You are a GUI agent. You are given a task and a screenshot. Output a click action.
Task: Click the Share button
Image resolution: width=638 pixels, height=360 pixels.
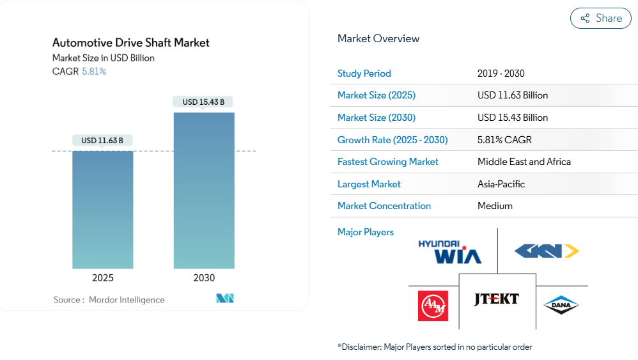click(600, 19)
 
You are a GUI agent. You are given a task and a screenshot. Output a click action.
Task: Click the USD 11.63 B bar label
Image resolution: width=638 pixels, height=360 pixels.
click(102, 140)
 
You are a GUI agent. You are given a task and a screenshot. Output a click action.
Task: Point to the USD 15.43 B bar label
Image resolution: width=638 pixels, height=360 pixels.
click(203, 102)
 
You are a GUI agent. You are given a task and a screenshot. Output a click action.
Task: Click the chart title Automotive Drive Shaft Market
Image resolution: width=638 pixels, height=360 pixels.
click(131, 43)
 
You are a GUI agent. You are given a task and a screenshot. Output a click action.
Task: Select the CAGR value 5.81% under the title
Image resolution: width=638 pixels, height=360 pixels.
click(94, 72)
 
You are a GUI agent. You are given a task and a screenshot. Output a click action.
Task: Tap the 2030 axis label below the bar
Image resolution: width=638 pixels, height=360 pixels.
click(204, 278)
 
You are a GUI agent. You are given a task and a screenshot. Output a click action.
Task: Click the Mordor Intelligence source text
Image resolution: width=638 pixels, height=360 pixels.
click(127, 300)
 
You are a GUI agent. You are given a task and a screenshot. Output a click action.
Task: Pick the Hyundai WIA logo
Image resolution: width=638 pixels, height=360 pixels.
click(449, 251)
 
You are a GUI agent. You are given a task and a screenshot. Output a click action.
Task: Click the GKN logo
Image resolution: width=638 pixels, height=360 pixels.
click(547, 251)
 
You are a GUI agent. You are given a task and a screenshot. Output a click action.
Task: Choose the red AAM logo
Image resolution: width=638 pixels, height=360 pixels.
click(433, 306)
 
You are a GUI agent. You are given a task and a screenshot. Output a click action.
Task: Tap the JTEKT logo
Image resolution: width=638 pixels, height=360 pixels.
click(496, 299)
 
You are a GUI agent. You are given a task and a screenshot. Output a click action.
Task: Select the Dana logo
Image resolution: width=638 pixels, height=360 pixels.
click(561, 305)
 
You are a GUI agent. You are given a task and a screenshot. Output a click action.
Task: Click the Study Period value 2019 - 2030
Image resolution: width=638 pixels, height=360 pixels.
click(501, 74)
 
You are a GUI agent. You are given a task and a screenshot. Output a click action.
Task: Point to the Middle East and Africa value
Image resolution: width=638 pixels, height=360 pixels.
click(524, 162)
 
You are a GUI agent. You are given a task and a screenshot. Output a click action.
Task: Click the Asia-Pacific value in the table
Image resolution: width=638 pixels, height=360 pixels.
click(501, 184)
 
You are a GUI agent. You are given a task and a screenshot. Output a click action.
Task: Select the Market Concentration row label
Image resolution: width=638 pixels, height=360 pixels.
click(384, 206)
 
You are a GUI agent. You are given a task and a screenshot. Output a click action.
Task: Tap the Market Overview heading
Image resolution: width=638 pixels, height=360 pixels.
click(378, 38)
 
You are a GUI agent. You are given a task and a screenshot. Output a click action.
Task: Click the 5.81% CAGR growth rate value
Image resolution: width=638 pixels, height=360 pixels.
click(504, 139)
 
